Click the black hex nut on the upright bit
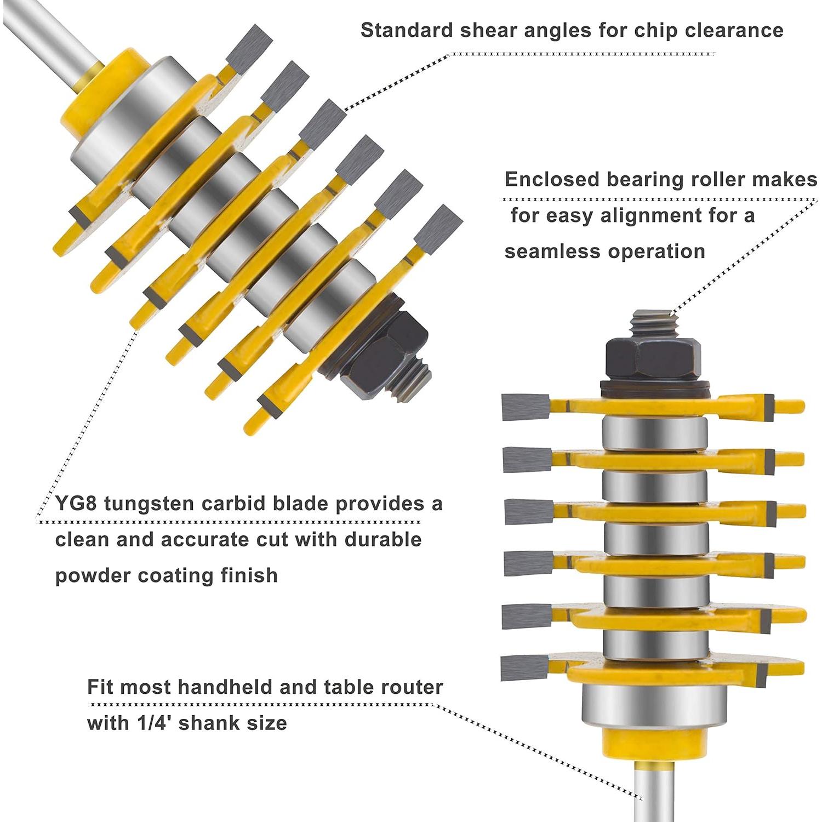653,357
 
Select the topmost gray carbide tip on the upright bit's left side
525,407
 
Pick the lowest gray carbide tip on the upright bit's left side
524,668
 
